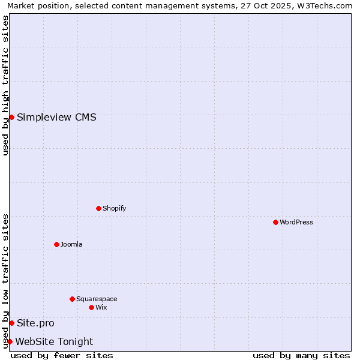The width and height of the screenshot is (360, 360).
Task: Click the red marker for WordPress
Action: pyautogui.click(x=275, y=222)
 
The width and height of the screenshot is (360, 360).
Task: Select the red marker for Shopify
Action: pyautogui.click(x=98, y=208)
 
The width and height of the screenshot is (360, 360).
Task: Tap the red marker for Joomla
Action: pyautogui.click(x=56, y=244)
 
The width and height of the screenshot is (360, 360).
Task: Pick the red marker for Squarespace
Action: pyautogui.click(x=72, y=299)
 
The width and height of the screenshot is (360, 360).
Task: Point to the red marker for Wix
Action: pyautogui.click(x=91, y=307)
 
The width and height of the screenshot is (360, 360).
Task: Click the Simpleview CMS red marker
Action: pyautogui.click(x=11, y=117)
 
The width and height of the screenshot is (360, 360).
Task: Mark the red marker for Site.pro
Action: pyautogui.click(x=11, y=323)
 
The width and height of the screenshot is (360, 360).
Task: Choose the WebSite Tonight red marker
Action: pyautogui.click(x=10, y=341)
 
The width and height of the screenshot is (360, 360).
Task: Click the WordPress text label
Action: pyautogui.click(x=296, y=222)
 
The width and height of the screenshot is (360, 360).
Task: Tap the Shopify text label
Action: pyautogui.click(x=115, y=208)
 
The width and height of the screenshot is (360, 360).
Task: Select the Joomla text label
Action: pyautogui.click(x=71, y=244)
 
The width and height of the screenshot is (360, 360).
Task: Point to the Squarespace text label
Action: pyautogui.click(x=97, y=299)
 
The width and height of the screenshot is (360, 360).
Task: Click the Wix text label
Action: pyautogui.click(x=101, y=307)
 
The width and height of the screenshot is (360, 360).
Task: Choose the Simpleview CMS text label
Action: pyautogui.click(x=56, y=117)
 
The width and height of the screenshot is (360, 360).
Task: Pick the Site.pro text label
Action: pyautogui.click(x=35, y=323)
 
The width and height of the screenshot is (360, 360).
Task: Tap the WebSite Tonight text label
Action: pyautogui.click(x=54, y=341)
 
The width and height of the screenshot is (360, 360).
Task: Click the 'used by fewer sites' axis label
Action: pyautogui.click(x=62, y=355)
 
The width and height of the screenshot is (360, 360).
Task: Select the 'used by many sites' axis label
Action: pyautogui.click(x=301, y=355)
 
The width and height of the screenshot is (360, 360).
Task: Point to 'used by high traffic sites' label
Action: pyautogui.click(x=5, y=85)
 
